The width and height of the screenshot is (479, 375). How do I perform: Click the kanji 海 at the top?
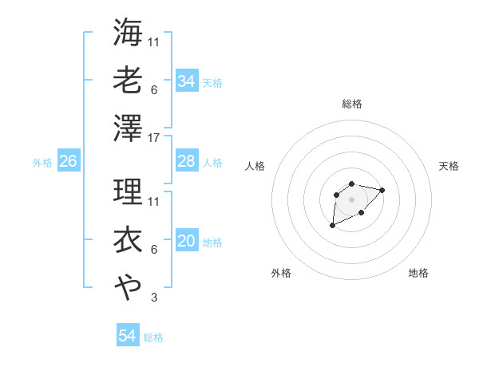click(128, 34)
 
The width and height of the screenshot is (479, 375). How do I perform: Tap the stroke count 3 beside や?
click(154, 298)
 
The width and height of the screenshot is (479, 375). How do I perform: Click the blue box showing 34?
click(186, 81)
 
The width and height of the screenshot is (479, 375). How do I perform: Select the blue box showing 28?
click(186, 161)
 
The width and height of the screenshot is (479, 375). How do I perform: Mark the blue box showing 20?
click(186, 242)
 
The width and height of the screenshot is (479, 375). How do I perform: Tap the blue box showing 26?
click(68, 161)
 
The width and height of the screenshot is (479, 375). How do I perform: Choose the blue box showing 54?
click(128, 336)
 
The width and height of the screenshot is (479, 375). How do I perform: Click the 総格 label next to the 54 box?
click(153, 337)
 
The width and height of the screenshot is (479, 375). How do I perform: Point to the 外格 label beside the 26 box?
click(42, 163)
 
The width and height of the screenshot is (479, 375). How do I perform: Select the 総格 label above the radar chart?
click(351, 104)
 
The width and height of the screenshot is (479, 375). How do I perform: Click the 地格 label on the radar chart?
click(418, 273)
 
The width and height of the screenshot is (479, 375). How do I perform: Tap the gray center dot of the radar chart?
click(351, 199)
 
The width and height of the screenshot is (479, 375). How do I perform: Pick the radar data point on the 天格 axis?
click(382, 190)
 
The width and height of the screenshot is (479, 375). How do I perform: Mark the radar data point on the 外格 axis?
click(333, 226)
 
